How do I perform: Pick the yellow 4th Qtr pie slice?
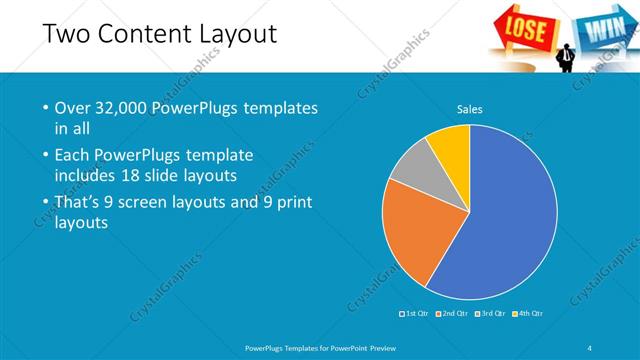point(451,145)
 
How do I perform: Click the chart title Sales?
point(470,109)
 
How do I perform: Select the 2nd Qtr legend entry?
point(453,314)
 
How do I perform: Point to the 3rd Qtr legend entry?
point(491,314)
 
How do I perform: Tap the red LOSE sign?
point(526,29)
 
